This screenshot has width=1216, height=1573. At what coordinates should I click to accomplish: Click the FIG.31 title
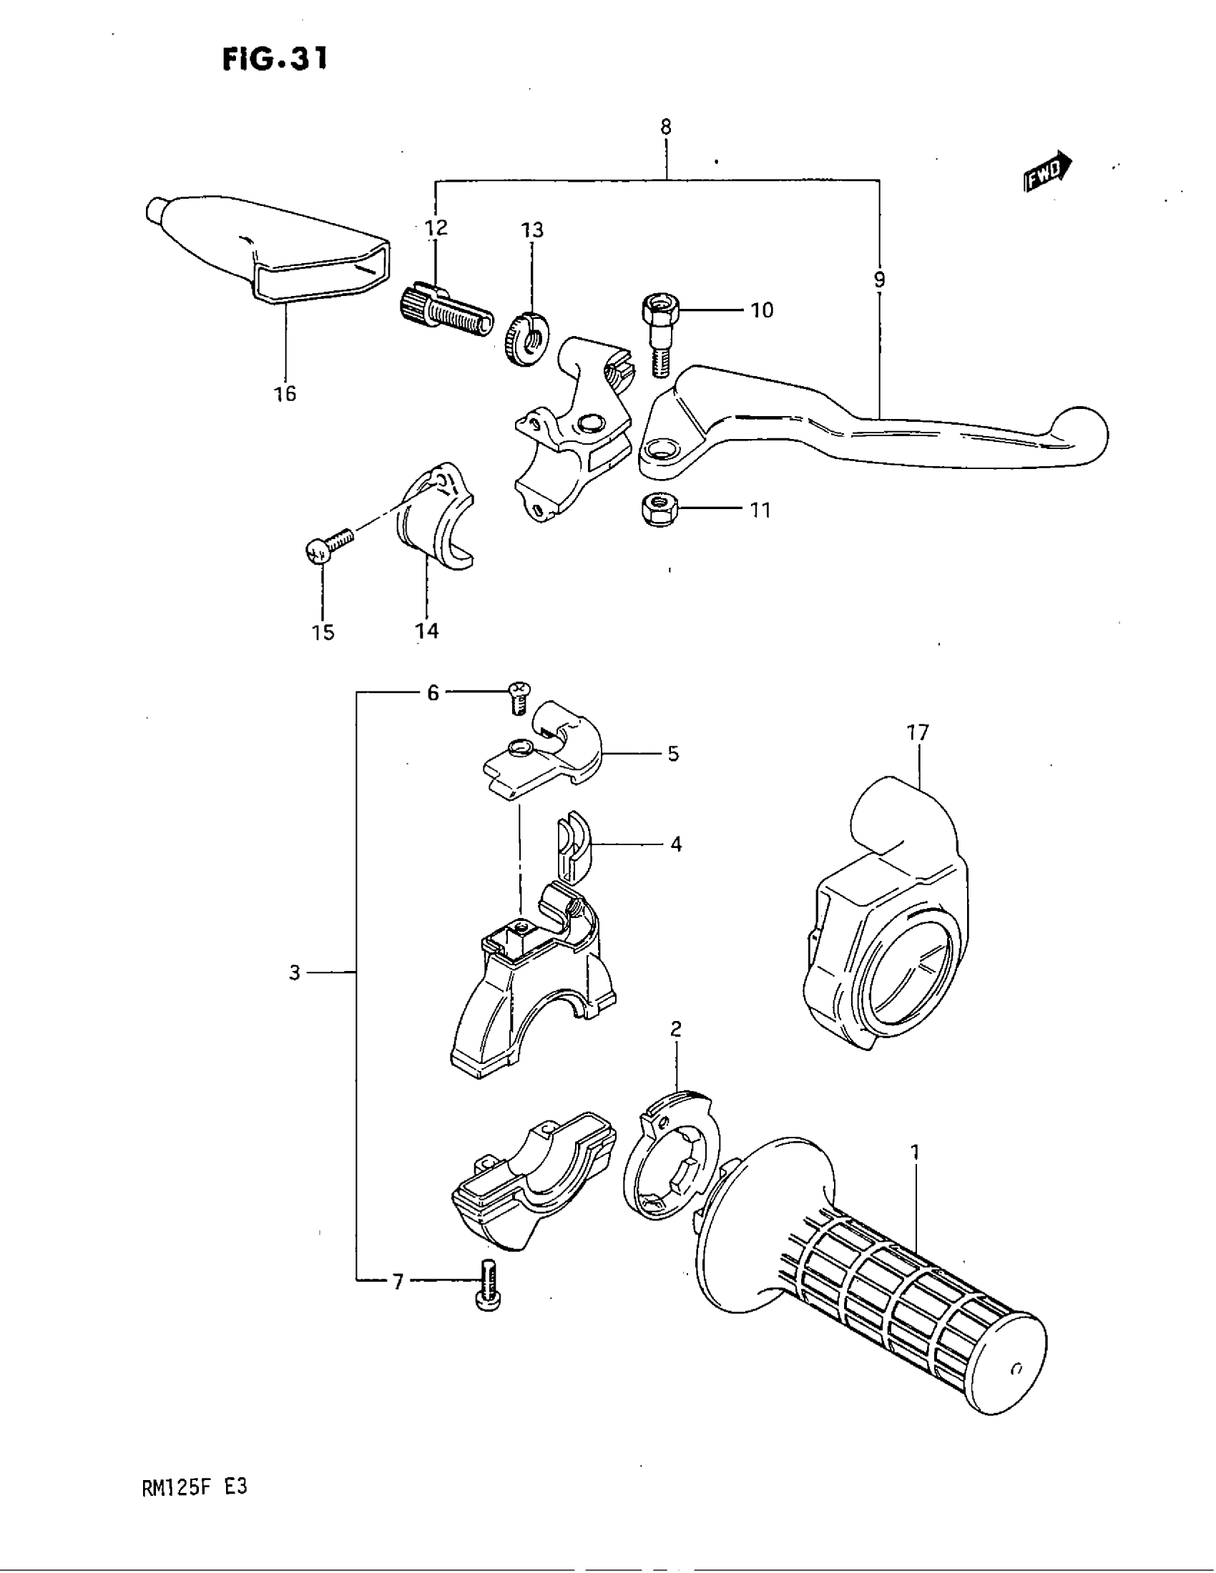(275, 59)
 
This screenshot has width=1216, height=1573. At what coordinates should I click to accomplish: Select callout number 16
(285, 393)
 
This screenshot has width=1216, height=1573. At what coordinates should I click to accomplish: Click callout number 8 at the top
(666, 127)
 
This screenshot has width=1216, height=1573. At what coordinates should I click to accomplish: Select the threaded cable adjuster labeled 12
(445, 311)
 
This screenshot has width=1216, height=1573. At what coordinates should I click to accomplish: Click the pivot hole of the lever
(661, 453)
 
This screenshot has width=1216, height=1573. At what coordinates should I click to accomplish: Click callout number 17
(918, 732)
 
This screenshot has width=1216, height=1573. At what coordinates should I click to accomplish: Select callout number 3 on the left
(295, 973)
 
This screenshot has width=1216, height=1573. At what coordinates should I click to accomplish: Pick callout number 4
(676, 844)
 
